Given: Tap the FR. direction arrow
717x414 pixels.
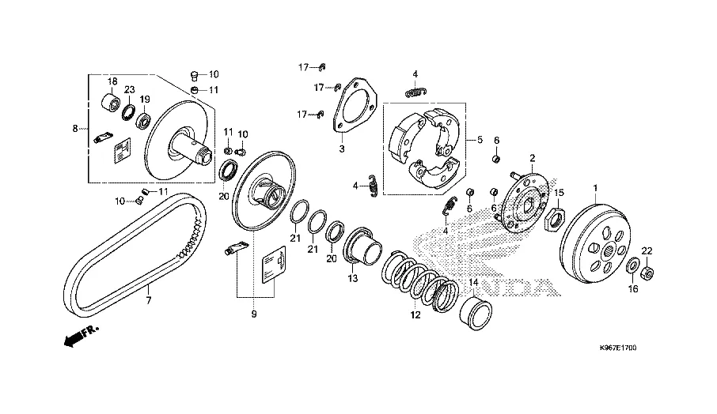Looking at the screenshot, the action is (79, 337).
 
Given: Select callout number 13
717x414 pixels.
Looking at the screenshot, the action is (353, 278).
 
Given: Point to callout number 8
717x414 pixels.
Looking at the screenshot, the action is (75, 128).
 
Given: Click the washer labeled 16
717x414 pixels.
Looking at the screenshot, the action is (632, 265).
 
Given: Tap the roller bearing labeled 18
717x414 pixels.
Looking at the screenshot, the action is (112, 103).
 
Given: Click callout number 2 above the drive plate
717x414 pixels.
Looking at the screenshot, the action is (533, 157).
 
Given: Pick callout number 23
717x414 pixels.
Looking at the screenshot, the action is (129, 90).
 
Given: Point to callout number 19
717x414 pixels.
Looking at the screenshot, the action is (145, 100).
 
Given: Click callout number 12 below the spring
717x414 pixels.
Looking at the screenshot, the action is (413, 315).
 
